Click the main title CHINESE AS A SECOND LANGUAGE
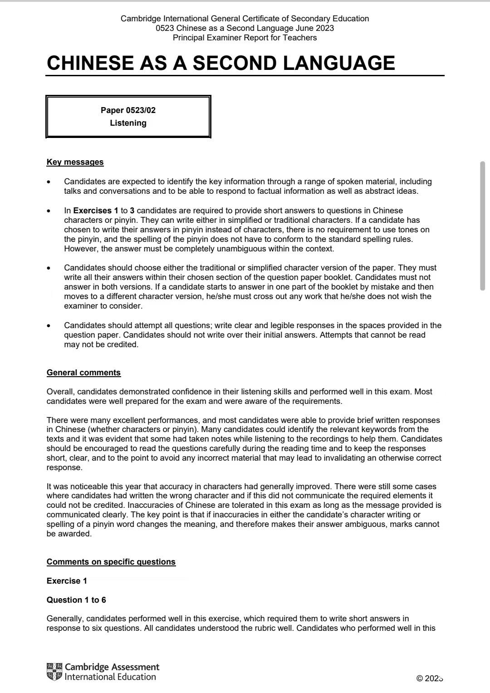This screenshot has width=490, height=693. [221, 63]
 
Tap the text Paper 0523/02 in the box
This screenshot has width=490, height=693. [128, 110]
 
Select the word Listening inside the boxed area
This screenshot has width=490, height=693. [128, 123]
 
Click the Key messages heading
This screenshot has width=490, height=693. [75, 162]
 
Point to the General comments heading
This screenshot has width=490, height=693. [83, 373]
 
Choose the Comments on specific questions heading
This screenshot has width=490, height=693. [111, 562]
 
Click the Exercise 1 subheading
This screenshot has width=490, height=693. [67, 581]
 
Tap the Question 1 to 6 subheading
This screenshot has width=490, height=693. [76, 600]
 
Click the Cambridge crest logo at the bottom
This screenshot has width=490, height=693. [54, 672]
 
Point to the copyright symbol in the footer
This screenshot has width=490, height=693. [420, 678]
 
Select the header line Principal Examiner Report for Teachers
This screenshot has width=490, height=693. [245, 38]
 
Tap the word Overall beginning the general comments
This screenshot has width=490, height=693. [61, 392]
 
